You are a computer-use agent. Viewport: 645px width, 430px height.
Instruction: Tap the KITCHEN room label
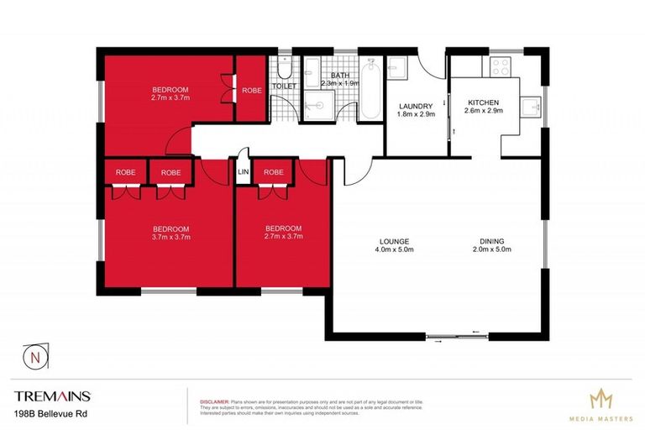484,102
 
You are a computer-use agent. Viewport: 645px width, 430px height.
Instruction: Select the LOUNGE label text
394,241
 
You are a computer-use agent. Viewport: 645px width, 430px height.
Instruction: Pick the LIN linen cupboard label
244,172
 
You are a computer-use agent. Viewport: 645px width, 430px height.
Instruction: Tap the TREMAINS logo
52,396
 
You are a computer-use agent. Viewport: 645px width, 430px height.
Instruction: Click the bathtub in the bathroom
371,88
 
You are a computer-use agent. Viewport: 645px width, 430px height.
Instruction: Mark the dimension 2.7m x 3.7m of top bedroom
170,98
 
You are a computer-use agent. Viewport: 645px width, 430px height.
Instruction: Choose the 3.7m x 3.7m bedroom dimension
170,237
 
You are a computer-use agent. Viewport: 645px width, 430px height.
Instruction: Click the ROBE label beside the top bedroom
251,90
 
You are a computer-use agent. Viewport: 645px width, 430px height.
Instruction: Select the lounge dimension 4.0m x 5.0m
394,249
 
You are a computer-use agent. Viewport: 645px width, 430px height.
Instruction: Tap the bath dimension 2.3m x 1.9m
340,83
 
